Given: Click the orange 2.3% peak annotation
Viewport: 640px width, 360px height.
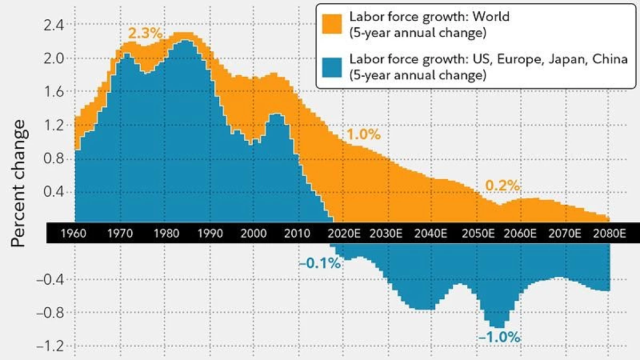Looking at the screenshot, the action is (x=146, y=34).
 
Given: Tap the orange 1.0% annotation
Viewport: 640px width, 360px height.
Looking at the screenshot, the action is (x=364, y=134).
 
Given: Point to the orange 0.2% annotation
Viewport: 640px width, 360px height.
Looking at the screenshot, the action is (x=502, y=186).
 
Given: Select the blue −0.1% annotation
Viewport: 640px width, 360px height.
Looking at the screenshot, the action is (x=320, y=263).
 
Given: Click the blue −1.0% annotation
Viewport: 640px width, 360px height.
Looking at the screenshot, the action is (x=499, y=338).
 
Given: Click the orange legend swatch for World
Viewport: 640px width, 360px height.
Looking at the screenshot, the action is (x=332, y=25).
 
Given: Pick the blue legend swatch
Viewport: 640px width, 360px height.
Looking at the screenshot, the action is (x=332, y=67).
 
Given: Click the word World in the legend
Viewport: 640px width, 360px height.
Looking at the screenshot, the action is (x=491, y=17).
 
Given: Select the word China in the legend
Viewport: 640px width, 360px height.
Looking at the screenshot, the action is (x=610, y=59).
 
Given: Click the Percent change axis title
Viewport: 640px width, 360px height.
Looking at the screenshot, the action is (x=18, y=183).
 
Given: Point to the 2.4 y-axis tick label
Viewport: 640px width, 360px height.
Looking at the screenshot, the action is (x=53, y=26).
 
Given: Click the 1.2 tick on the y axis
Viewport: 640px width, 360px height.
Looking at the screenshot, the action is (x=53, y=125).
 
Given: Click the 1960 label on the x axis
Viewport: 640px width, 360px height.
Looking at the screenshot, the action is (x=74, y=234).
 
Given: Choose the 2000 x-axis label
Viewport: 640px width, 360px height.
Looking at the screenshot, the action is (x=253, y=234).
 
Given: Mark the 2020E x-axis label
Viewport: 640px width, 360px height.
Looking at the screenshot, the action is (x=344, y=234).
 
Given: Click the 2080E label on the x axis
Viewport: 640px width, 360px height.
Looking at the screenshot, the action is (x=610, y=234).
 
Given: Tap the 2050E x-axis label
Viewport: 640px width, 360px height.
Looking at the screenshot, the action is (x=478, y=234).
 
